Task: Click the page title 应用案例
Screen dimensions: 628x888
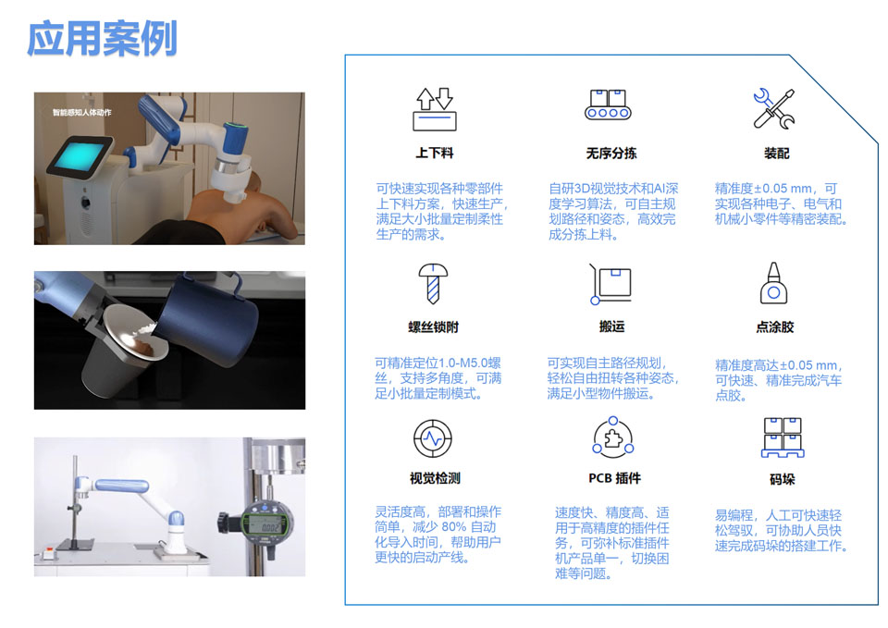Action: click(x=102, y=38)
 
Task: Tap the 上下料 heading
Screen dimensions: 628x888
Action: click(x=435, y=153)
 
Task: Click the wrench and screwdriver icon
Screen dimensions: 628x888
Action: click(x=773, y=108)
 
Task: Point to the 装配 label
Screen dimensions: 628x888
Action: click(x=776, y=153)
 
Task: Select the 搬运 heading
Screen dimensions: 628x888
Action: click(x=611, y=326)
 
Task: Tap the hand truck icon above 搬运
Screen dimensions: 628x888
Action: click(x=610, y=285)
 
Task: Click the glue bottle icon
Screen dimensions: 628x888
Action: click(x=773, y=283)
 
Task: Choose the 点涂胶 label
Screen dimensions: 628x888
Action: click(x=775, y=326)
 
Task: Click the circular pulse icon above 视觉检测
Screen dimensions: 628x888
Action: click(x=432, y=437)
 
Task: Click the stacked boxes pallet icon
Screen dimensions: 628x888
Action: click(x=782, y=437)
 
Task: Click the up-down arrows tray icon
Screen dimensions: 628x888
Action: click(x=433, y=108)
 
